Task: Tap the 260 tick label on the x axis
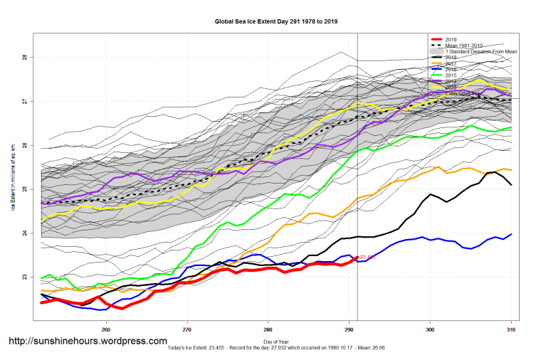106,329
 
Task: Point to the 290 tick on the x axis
349,329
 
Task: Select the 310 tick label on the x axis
511,329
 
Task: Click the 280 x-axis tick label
268,329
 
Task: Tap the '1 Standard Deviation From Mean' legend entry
481,52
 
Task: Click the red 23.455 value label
368,258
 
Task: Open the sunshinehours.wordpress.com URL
88,341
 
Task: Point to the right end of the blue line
512,234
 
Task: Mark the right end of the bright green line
512,127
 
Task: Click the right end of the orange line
512,169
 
